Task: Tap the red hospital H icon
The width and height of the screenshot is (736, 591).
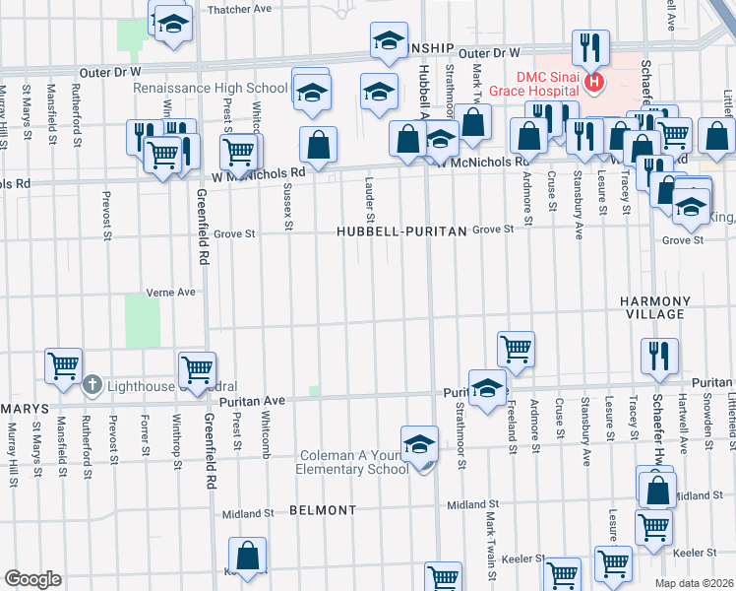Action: [593, 82]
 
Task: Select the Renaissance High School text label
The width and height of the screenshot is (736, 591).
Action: [212, 88]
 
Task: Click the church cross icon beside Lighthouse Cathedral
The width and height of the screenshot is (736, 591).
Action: [92, 384]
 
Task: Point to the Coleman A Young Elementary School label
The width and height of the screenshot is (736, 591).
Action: [352, 462]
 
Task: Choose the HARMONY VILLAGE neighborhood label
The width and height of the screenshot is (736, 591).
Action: [654, 306]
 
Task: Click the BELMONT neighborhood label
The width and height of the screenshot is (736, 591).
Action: [323, 510]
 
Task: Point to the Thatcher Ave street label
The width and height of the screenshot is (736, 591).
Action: [239, 9]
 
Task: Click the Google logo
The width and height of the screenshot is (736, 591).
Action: [32, 579]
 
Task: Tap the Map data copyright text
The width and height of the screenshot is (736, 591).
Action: [694, 583]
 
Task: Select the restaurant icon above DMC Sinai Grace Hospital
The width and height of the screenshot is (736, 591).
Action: [591, 46]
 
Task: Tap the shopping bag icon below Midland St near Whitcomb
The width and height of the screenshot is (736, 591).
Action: [247, 556]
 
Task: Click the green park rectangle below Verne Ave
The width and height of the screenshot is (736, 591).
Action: [143, 321]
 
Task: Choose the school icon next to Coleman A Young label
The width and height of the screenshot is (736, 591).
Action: [419, 443]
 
